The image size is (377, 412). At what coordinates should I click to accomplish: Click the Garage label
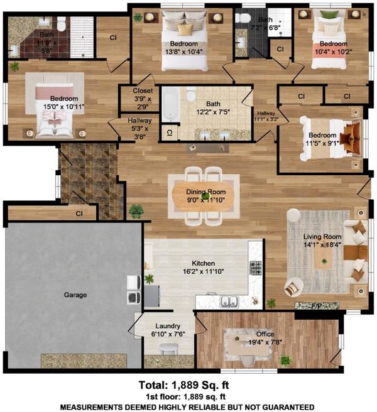point(75,295)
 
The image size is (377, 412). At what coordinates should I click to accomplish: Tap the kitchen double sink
point(229,301)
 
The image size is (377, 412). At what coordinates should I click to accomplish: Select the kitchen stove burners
point(255,268)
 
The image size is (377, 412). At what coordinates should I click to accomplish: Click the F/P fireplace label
point(316,306)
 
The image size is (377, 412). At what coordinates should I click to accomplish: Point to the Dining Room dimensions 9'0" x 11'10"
point(206,200)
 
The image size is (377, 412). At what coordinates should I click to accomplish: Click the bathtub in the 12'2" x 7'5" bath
point(171,105)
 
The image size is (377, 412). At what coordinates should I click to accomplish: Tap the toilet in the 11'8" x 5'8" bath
point(61,24)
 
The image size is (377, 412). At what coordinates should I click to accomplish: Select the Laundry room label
point(168,326)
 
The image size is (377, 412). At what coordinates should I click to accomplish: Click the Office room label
point(265,334)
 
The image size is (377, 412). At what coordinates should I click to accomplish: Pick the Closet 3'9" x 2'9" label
point(143,99)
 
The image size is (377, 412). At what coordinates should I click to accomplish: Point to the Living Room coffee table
point(324,258)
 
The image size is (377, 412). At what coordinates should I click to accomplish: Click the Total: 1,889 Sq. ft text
point(183,385)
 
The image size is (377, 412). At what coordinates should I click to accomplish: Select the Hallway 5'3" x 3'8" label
point(139,129)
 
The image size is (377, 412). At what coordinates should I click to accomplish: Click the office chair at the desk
point(248,360)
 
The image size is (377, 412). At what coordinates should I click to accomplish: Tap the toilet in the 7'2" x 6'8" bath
point(243,18)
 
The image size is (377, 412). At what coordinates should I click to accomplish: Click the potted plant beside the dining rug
point(136,212)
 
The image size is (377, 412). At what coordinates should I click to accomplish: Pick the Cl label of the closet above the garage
point(79,214)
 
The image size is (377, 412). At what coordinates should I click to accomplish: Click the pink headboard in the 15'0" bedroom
point(55,91)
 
